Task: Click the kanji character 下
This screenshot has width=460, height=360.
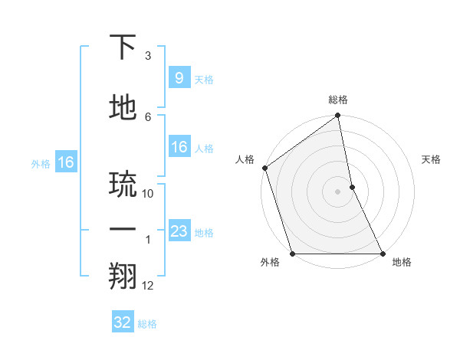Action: pos(123,48)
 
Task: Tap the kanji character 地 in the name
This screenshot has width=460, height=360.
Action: pos(123,108)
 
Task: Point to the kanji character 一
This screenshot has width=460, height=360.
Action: pos(123,230)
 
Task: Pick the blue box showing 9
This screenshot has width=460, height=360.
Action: pos(179,78)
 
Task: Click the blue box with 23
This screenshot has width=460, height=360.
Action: pos(179,231)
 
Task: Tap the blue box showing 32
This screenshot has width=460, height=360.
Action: pos(123,322)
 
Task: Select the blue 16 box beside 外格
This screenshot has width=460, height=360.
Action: pos(65,162)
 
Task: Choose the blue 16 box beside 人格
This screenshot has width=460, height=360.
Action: pos(179,147)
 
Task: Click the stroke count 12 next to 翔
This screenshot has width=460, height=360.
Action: pos(148,286)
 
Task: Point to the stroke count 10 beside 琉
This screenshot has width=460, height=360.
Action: pos(148,194)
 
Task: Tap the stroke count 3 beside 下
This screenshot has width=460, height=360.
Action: pos(148,57)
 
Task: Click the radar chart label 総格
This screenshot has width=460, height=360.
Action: pos(338,100)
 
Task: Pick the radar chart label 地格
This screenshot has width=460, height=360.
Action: pos(402,262)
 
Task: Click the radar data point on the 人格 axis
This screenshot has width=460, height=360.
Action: pos(264,168)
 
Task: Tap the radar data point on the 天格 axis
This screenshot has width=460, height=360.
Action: pos(352,187)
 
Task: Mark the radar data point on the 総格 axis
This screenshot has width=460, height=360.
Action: pos(338,116)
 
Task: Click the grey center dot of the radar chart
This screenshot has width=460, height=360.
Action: pos(338,191)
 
